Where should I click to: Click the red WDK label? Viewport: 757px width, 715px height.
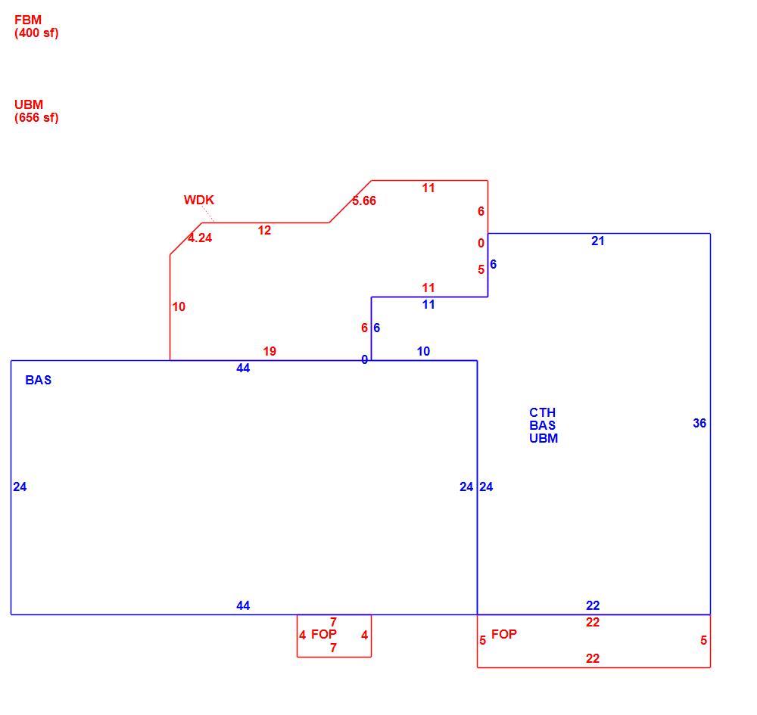coord(198,200)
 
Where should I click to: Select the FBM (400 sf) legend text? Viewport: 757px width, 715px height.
coord(36,26)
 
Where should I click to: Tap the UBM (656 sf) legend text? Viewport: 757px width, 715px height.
coord(36,111)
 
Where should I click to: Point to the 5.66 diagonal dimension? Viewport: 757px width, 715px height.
coord(364,201)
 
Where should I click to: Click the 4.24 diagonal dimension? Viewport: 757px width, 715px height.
coord(200,238)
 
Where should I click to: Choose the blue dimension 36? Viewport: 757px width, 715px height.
coord(699,423)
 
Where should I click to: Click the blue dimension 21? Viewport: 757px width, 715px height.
coord(598,241)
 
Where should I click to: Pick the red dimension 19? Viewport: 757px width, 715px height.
coord(269,351)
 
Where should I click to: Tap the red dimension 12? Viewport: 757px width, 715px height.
coord(264,230)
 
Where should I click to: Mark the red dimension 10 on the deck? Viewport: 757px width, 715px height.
coord(179,307)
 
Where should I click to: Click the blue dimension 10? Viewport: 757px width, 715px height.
coord(423,351)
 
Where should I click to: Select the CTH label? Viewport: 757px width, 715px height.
coord(542,412)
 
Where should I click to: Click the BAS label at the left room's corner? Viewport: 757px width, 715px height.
coord(38,380)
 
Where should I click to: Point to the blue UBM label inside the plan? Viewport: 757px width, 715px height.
coord(543,438)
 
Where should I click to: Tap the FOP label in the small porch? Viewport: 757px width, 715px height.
coord(324,634)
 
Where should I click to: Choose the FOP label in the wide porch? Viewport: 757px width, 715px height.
coord(504,634)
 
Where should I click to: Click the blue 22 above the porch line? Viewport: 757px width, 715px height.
coord(593,605)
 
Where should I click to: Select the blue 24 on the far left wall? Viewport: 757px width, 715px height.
coord(20,487)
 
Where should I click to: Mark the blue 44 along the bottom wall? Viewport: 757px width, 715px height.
coord(243,605)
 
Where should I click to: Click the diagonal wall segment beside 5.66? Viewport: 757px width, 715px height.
coord(350,202)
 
